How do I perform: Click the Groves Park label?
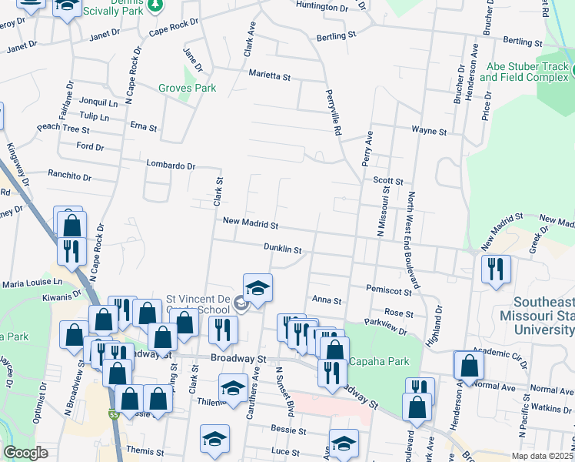187,89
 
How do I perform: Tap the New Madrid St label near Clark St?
249,223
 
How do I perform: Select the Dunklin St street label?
283,249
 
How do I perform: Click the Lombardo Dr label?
171,165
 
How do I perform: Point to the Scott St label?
388,179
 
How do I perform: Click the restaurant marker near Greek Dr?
496,268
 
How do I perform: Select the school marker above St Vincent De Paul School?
258,287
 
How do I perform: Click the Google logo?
25,453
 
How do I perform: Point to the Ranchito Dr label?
69,176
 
